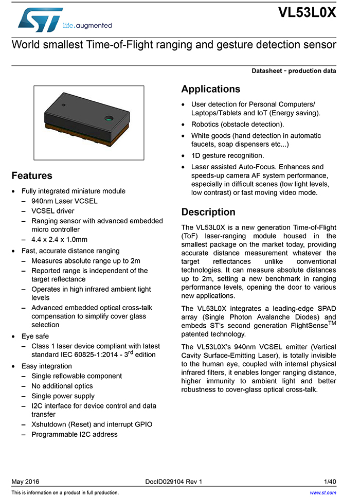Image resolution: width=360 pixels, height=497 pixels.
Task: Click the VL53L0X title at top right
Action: pyautogui.click(x=307, y=13)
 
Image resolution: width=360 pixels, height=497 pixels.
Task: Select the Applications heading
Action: pyautogui.click(x=210, y=89)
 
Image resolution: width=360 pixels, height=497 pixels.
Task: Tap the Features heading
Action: pyautogui.click(x=32, y=175)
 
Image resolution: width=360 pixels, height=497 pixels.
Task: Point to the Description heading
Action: pyautogui.click(x=208, y=212)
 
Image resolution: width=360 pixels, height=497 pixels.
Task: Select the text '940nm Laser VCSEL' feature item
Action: pyautogui.click(x=64, y=201)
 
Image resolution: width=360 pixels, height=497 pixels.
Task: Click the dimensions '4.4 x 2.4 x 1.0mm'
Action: pyautogui.click(x=59, y=239)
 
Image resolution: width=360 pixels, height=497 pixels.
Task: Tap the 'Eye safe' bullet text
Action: pyautogui.click(x=35, y=336)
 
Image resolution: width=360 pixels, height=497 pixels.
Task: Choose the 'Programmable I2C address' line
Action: pyautogui.click(x=74, y=434)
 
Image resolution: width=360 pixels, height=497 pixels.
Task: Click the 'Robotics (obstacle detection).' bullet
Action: pyautogui.click(x=237, y=125)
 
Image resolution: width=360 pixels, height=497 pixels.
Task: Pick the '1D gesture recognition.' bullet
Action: pyautogui.click(x=227, y=155)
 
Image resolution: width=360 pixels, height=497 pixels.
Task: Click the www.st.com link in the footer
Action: pyautogui.click(x=322, y=492)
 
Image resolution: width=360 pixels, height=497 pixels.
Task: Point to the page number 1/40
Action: pyautogui.click(x=330, y=482)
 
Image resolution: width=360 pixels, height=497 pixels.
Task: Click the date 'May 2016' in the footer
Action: pyautogui.click(x=25, y=482)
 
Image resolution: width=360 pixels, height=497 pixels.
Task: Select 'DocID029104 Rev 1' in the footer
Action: pyautogui.click(x=174, y=482)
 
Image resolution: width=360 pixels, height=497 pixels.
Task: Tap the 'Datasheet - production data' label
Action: pyautogui.click(x=294, y=71)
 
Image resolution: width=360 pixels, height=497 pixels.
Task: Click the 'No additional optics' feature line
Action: pyautogui.click(x=62, y=386)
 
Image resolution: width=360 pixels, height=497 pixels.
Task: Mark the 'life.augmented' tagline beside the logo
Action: pyautogui.click(x=87, y=25)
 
